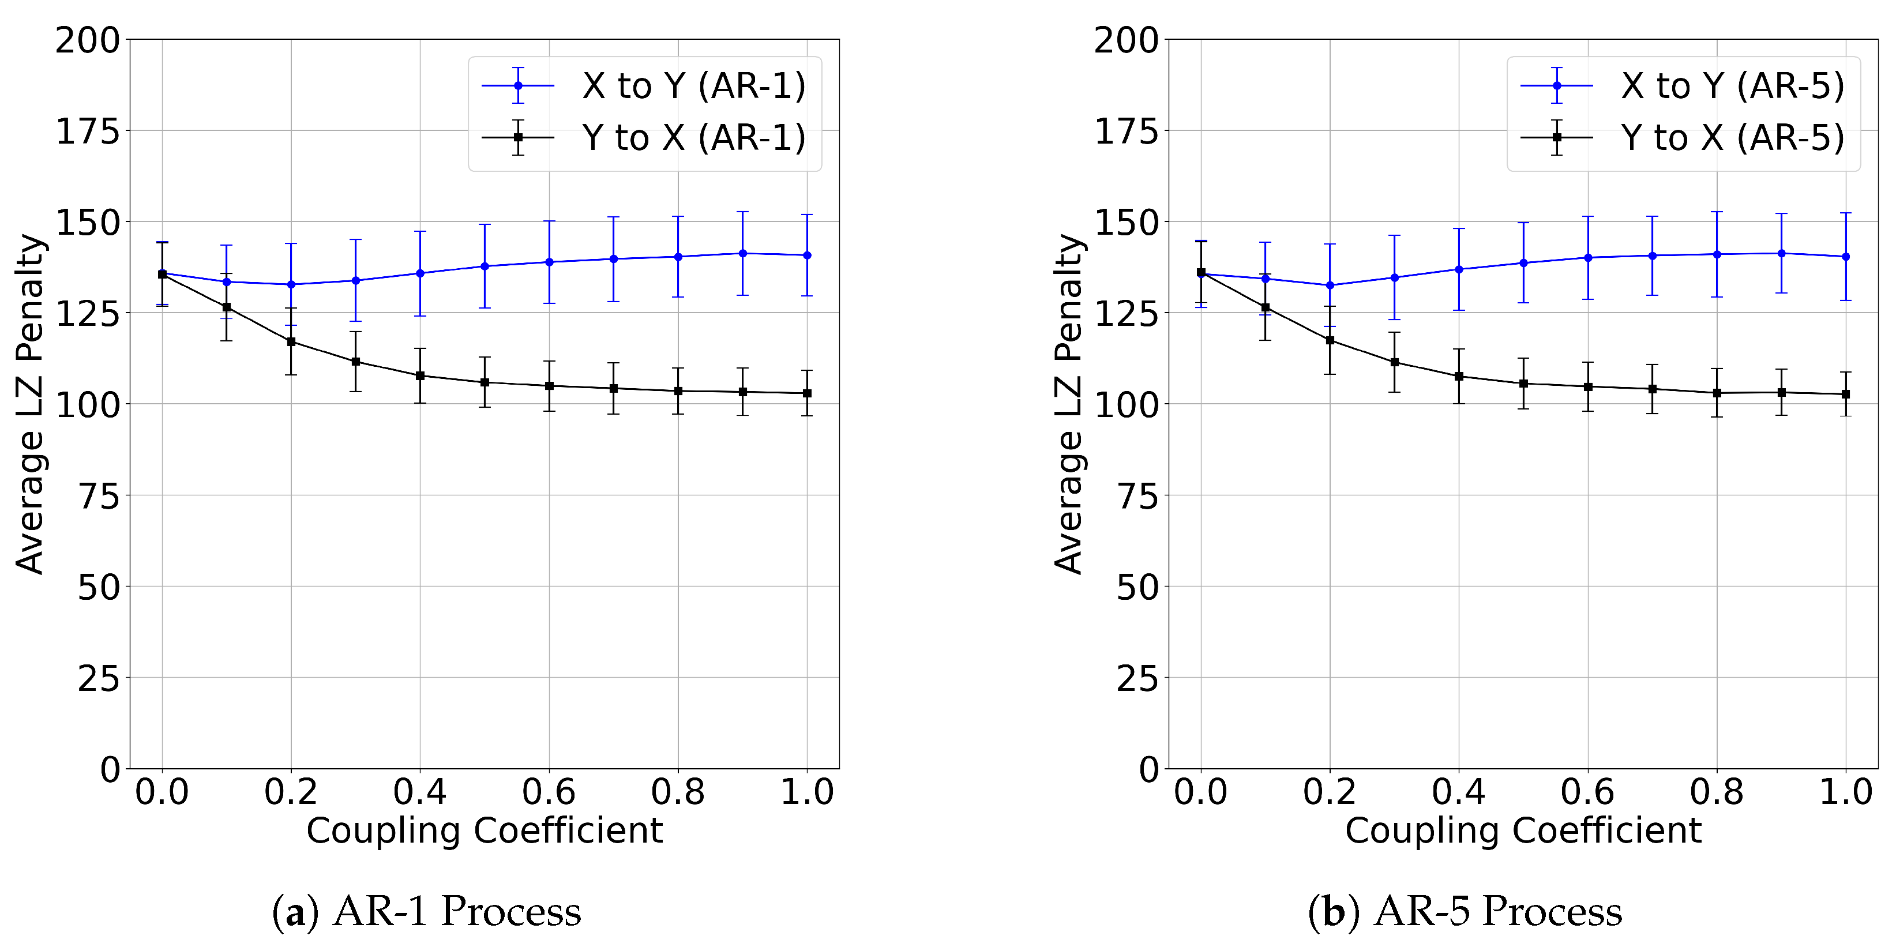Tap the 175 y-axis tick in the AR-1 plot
[x=88, y=131]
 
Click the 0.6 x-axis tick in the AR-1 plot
[x=549, y=792]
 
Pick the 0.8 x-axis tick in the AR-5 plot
[x=1717, y=792]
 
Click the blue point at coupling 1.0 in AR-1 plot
[x=808, y=255]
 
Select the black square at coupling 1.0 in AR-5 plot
[x=1846, y=394]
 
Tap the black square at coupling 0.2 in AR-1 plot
[x=291, y=341]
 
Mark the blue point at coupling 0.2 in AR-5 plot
[x=1330, y=285]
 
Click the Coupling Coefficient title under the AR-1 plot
[x=485, y=830]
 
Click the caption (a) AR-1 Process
[x=426, y=911]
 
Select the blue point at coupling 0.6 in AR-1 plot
[x=549, y=262]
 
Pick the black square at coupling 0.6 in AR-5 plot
[x=1589, y=387]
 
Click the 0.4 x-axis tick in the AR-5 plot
[x=1458, y=792]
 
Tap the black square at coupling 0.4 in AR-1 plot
[x=421, y=375]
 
